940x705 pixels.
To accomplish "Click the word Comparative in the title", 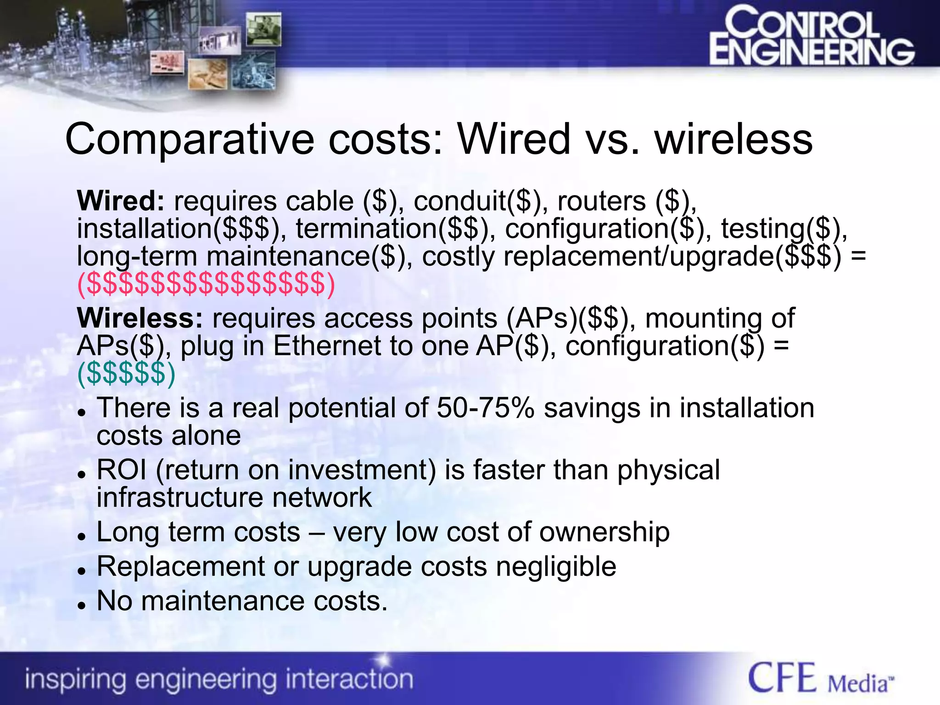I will pyautogui.click(x=190, y=139).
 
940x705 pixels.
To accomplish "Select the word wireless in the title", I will pyautogui.click(x=733, y=139).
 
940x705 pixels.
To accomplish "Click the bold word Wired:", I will pyautogui.click(x=121, y=201).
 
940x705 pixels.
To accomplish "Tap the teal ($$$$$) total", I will pyautogui.click(x=126, y=373).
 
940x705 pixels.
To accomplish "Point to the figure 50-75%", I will pyautogui.click(x=485, y=408).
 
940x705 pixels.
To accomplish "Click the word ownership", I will pyautogui.click(x=604, y=532).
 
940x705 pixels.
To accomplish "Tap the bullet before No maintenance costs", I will pyautogui.click(x=82, y=605).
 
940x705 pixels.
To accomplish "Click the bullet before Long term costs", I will pyautogui.click(x=82, y=536).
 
